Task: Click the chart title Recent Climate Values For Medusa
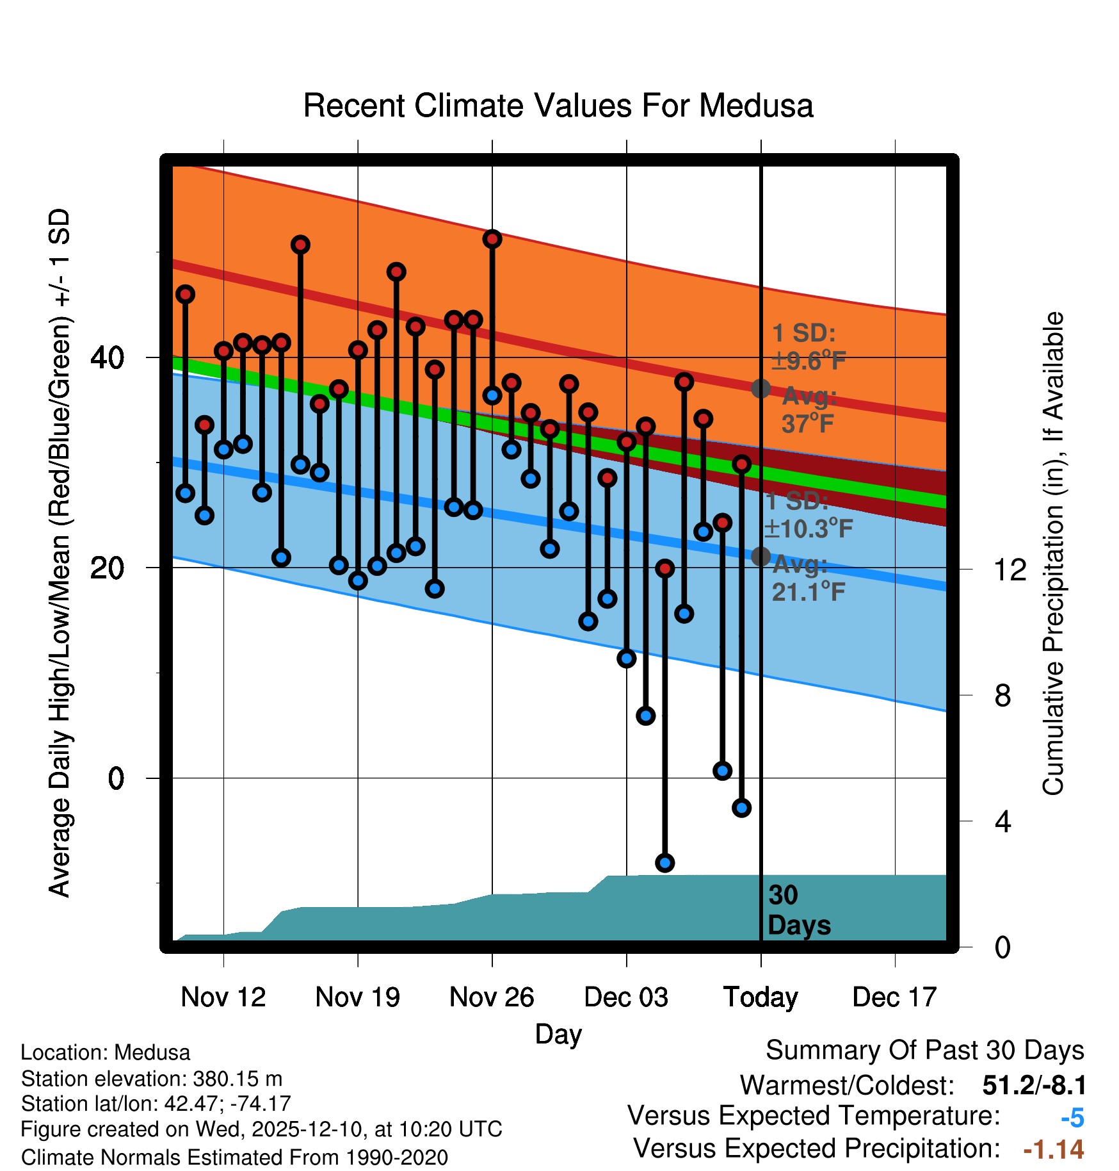click(x=558, y=106)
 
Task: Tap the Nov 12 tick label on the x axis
click(x=223, y=997)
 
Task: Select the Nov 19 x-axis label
click(x=357, y=997)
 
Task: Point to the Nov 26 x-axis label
click(x=492, y=997)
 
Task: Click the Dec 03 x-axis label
click(x=626, y=997)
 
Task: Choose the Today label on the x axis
click(x=761, y=997)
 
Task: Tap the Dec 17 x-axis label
click(x=894, y=997)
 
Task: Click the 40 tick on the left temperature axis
click(x=108, y=357)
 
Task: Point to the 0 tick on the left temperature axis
click(x=116, y=778)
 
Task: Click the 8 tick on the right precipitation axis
click(x=1002, y=696)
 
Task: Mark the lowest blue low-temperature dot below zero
click(x=664, y=863)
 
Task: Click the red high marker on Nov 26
click(x=492, y=239)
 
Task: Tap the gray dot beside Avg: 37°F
click(x=761, y=388)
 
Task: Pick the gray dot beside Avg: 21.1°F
click(x=761, y=557)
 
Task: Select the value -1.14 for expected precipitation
click(x=1054, y=1150)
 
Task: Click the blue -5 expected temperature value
click(x=1072, y=1118)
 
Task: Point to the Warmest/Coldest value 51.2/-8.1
click(x=1034, y=1085)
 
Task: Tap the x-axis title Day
click(x=558, y=1034)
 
